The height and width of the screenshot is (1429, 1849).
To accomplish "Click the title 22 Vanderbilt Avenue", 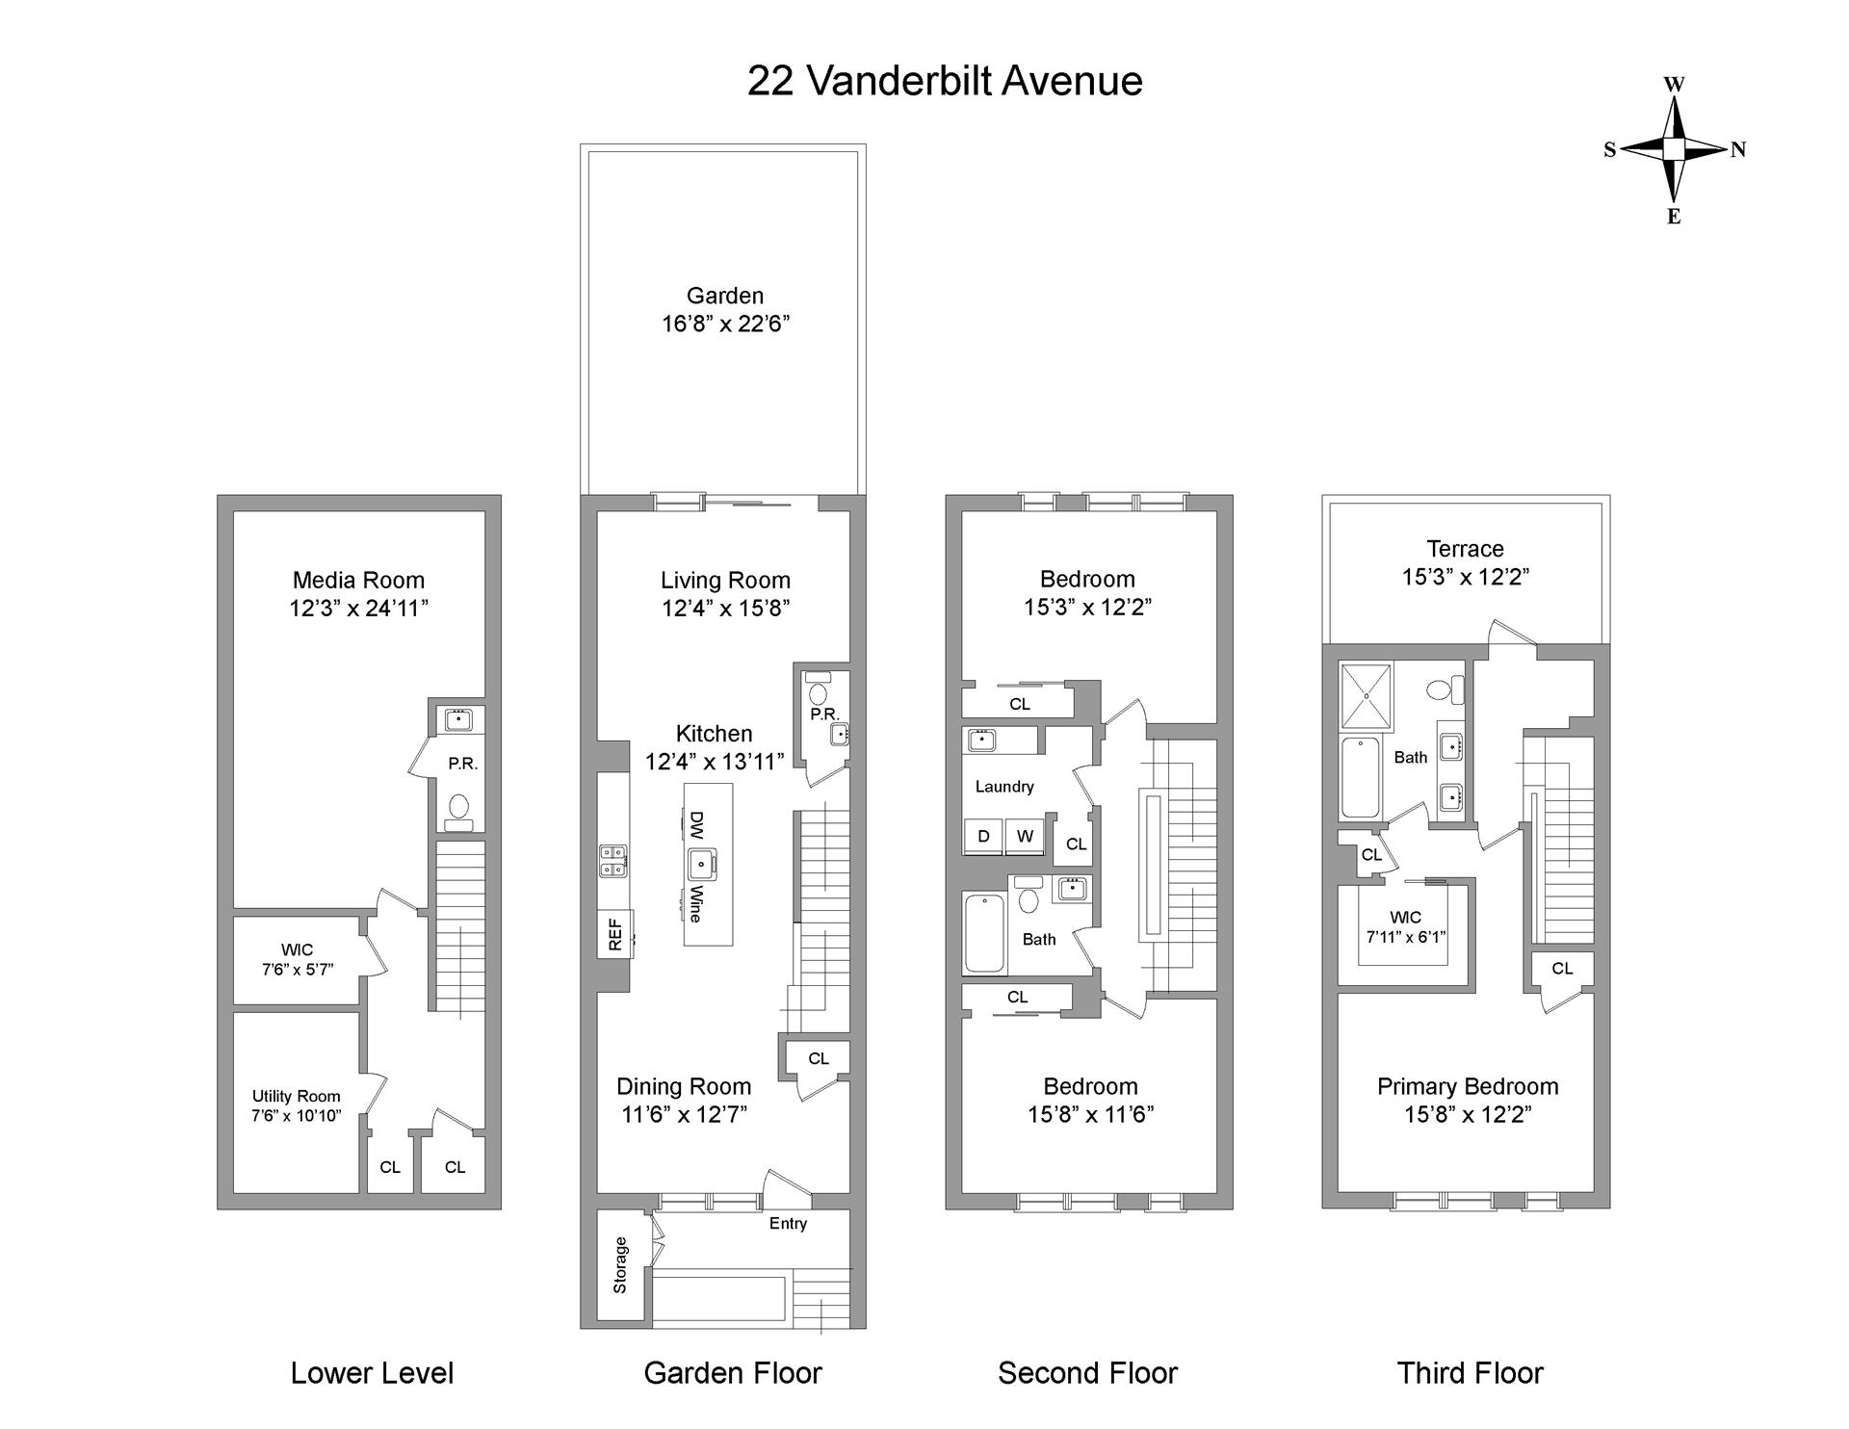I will click(945, 81).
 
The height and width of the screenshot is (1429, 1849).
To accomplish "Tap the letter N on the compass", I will click(1738, 149).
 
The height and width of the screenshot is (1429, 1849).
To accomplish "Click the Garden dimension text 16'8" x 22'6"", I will click(725, 324).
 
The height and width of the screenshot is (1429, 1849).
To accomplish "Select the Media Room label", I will click(358, 580).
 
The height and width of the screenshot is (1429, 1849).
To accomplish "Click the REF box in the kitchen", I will click(616, 933).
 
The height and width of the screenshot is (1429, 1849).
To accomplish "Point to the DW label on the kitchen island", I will click(696, 825).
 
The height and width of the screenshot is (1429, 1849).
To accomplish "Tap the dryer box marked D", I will click(983, 836).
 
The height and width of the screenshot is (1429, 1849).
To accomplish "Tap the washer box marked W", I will click(1025, 836).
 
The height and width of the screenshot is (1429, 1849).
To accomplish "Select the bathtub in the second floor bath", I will click(985, 933).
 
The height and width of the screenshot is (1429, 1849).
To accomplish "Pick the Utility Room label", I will click(296, 1096).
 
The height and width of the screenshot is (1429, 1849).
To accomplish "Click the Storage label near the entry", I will click(619, 1264).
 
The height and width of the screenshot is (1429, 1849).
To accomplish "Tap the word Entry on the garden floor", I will click(788, 1223).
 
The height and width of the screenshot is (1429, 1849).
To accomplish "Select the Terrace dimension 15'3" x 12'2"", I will click(1465, 576).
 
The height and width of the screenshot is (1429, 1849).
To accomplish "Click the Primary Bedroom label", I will click(1467, 1086).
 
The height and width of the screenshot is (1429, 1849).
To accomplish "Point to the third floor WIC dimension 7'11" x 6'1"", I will click(1405, 936).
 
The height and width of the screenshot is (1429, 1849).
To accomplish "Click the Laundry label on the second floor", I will click(1004, 786).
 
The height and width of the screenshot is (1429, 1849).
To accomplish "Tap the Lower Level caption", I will click(372, 1373).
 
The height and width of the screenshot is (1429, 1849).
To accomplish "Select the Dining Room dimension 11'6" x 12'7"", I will click(684, 1114).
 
